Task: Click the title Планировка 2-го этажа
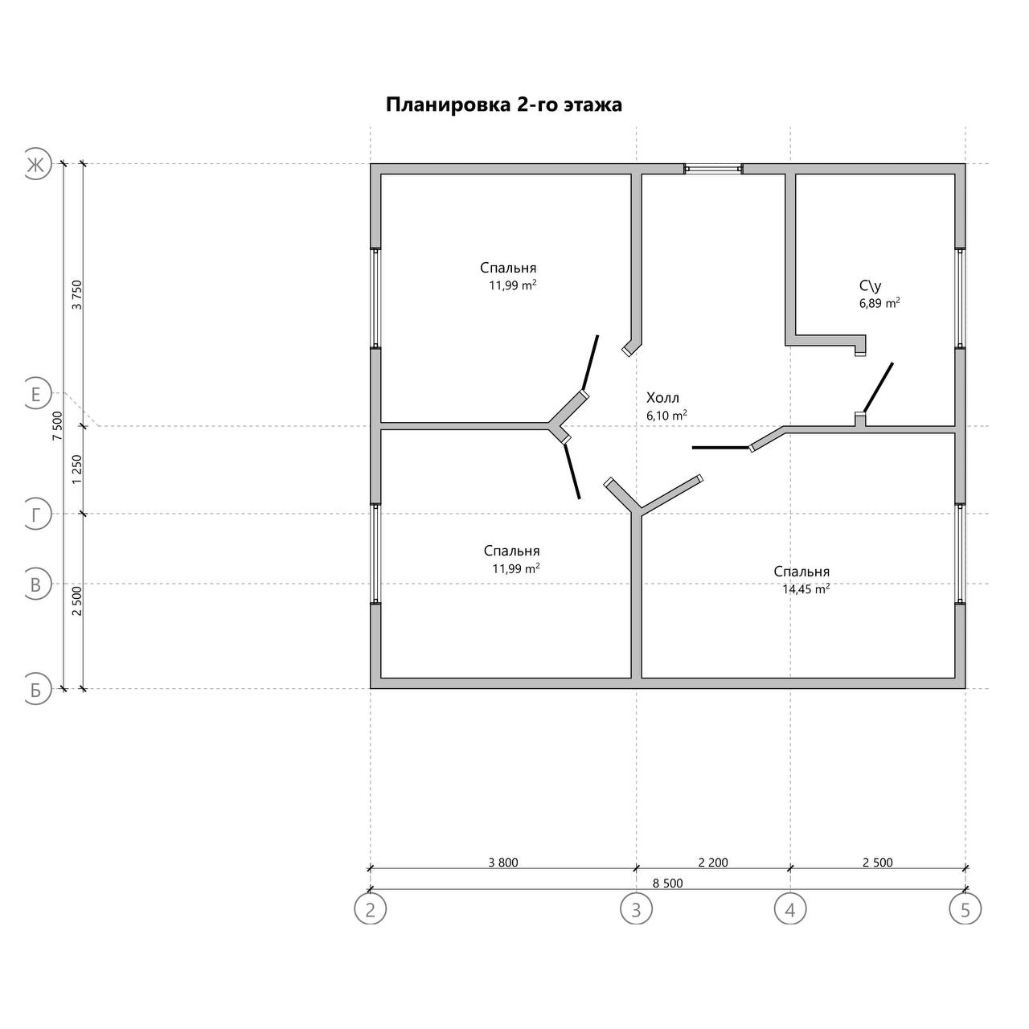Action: coord(503,105)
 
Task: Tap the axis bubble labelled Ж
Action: coord(36,164)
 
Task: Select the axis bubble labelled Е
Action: coord(36,394)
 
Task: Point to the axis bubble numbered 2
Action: coord(370,908)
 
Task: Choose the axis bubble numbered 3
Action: coord(636,908)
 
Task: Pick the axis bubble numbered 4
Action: coord(790,908)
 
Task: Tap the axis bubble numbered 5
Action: coord(965,908)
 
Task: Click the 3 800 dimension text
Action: coord(503,863)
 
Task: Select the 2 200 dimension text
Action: coord(713,863)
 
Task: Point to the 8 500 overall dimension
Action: coord(667,883)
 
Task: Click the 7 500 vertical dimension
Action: coord(58,425)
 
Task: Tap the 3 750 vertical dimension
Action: coord(77,294)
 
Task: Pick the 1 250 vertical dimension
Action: coord(77,469)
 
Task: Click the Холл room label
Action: coord(662,398)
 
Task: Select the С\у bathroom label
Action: coord(870,286)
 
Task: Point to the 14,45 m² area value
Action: coord(806,589)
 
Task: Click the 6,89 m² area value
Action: coord(879,303)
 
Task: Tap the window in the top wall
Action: coord(714,169)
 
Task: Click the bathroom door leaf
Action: coord(878,387)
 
